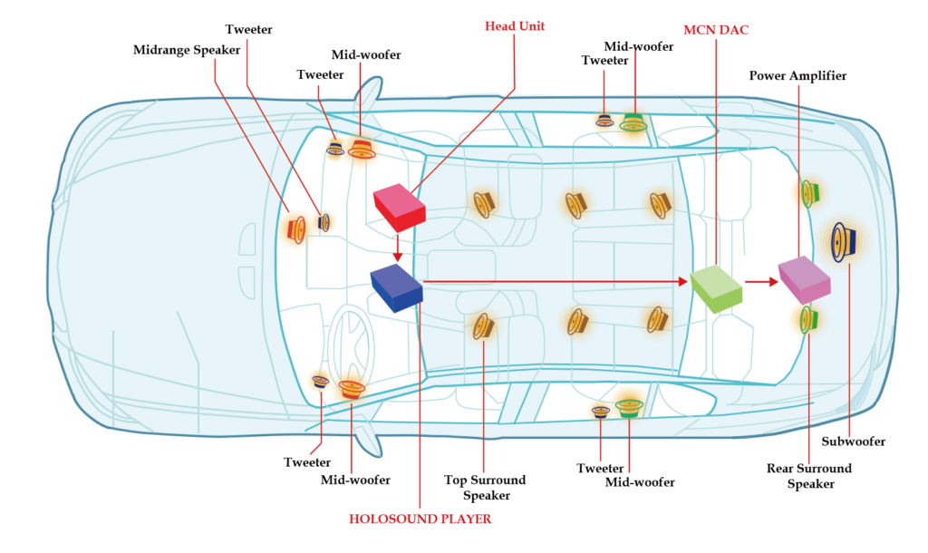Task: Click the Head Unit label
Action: point(515,26)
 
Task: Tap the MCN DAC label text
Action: point(716,30)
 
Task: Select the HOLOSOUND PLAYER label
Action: point(420,519)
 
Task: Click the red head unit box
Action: point(399,207)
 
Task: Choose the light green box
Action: point(717,287)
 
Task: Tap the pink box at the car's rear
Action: point(803,277)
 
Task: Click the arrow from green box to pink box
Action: point(761,282)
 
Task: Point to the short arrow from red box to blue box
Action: point(397,248)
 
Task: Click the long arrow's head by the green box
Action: point(681,282)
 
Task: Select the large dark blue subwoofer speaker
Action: point(844,242)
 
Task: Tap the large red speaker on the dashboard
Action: point(295,228)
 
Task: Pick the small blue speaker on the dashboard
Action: point(324,222)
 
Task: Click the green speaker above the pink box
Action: point(807,193)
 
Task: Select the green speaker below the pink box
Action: point(807,318)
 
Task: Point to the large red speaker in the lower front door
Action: point(351,388)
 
